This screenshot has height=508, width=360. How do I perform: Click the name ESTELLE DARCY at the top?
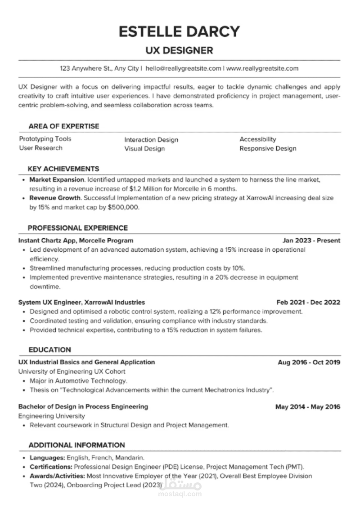point(179,31)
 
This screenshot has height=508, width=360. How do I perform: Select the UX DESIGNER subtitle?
point(179,50)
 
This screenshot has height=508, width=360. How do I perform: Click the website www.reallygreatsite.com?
point(262,68)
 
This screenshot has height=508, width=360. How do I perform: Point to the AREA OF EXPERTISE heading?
point(63,126)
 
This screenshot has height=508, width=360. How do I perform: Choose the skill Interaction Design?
point(151,140)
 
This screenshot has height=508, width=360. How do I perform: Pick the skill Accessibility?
point(258,139)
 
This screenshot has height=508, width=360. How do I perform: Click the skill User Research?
point(40,148)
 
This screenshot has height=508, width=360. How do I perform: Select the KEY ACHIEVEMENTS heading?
point(63,169)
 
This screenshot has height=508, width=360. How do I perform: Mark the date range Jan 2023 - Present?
point(311,241)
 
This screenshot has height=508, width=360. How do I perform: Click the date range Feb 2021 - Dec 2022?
point(308,303)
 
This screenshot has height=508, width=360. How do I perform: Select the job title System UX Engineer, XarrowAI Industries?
point(81,303)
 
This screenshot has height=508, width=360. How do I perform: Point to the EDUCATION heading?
point(49,349)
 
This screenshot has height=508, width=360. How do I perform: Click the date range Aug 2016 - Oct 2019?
point(309,362)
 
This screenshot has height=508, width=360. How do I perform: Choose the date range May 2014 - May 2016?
point(308,407)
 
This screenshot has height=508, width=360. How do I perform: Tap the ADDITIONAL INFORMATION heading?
point(76,445)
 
